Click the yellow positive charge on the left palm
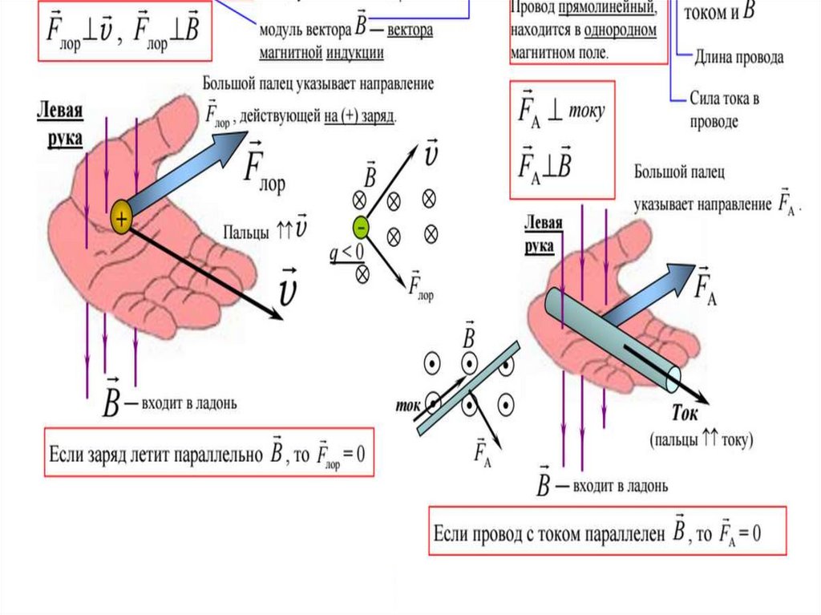tap(121, 217)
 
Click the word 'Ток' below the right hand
tap(685, 415)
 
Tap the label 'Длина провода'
tap(738, 58)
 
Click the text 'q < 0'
tap(346, 255)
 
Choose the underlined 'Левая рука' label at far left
tap(60, 123)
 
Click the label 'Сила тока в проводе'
tap(723, 111)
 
